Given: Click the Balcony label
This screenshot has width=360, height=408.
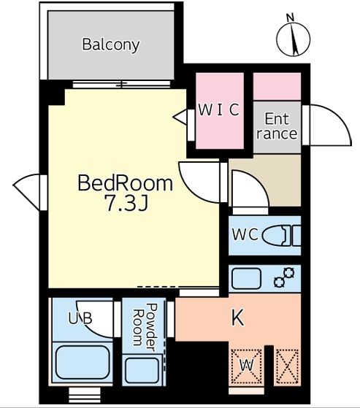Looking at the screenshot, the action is point(111,45).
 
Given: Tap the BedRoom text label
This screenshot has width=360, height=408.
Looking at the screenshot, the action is point(125,183).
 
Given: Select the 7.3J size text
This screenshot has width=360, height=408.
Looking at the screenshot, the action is point(127,203).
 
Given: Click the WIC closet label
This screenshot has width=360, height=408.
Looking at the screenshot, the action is point(218,109).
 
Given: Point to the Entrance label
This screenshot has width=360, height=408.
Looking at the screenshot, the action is point(277,126).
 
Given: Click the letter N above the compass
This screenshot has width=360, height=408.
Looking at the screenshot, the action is point(290,18).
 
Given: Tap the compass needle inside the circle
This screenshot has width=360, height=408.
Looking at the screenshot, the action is point(295,39).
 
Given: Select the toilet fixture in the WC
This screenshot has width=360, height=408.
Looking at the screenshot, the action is point(281,236).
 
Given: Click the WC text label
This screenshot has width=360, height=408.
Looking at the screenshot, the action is point(245,234).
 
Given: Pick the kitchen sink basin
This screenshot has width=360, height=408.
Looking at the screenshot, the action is point(246,278).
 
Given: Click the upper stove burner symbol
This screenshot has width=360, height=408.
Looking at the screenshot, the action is point(289,273).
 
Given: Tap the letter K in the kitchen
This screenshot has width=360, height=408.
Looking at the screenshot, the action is point(237,317).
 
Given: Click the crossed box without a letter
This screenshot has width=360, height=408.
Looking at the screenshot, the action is point(287,366).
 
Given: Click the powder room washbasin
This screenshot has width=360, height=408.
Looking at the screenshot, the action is point(142,371).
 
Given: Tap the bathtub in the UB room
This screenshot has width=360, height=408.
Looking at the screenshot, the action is point(83,363).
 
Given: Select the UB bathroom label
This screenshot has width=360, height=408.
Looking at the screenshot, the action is point(80,317).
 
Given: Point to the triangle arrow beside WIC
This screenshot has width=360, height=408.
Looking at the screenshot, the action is point(180,117).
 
